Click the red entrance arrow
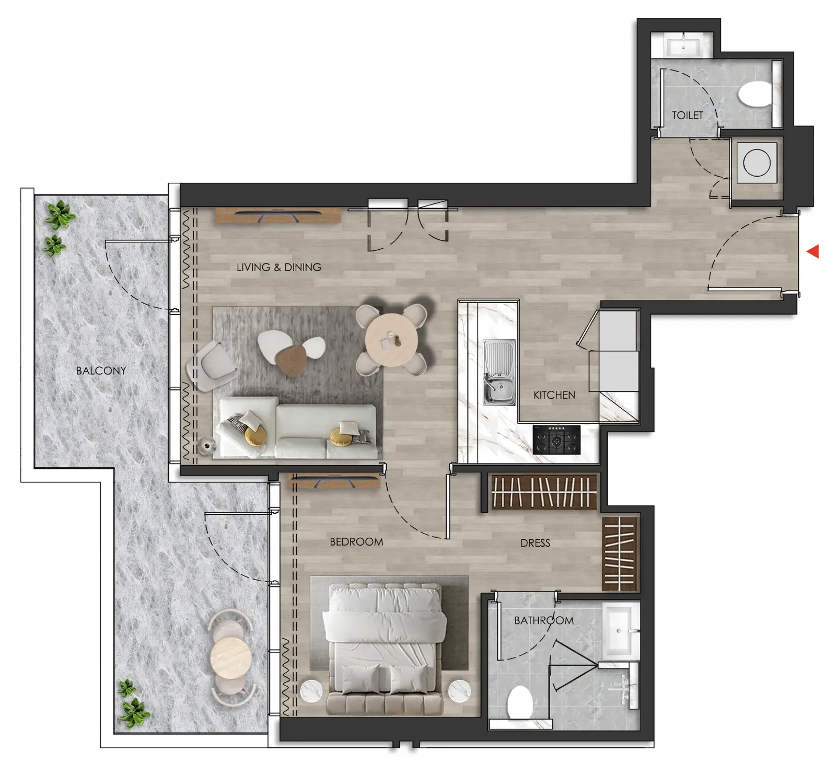coord(813,251)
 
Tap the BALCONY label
coord(101,371)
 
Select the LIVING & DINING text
coord(279,267)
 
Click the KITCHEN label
coord(554,395)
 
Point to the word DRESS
coord(535,543)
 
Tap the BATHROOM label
coord(544,620)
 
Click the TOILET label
coord(687,115)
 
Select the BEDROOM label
coord(356,542)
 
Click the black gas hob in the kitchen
coord(556,440)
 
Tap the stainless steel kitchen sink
coord(499,372)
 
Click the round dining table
coord(391,340)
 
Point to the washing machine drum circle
coord(757,162)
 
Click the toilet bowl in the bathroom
coord(520,702)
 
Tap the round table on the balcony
coord(230,657)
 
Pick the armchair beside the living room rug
coord(212,365)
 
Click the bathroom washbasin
coord(621,630)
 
